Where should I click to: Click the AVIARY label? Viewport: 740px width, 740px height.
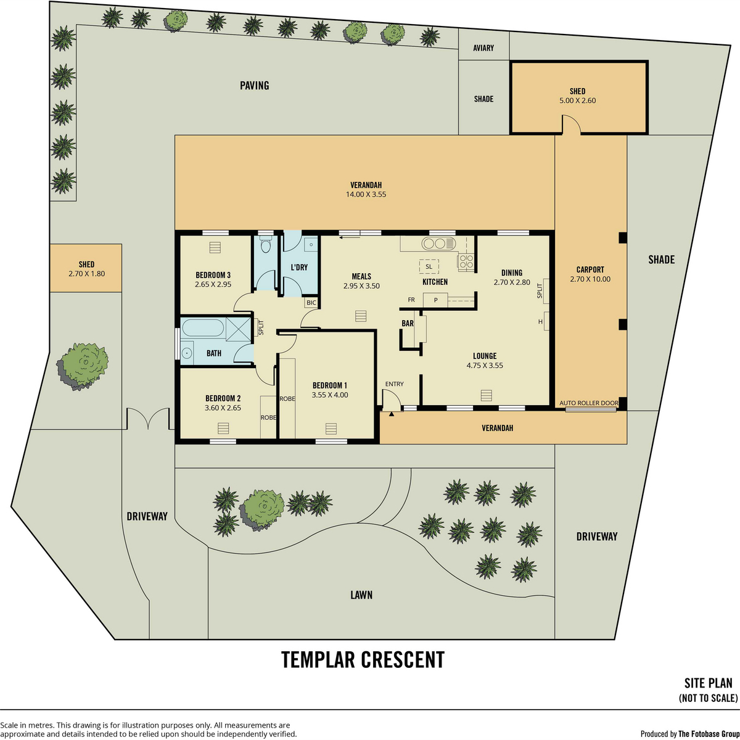483,48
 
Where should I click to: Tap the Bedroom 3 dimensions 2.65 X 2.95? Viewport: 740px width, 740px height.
213,284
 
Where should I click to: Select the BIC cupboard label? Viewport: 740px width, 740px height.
311,303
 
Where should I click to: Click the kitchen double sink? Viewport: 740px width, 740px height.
438,244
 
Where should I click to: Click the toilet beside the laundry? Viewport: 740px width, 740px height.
265,244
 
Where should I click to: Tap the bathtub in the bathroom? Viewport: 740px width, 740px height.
203,328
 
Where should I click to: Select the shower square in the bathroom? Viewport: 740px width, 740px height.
239,329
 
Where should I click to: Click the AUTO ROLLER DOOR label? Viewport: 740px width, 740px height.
589,403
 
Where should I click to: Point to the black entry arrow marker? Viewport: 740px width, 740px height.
392,414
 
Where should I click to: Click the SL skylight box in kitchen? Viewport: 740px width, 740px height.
429,266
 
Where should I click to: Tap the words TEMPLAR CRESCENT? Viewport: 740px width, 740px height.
363,659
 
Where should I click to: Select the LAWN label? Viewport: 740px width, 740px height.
361,595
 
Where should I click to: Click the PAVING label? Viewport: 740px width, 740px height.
254,85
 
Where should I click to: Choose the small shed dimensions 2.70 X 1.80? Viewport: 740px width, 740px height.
86,274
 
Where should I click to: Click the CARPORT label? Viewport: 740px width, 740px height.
590,269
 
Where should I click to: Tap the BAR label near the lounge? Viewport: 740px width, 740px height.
408,323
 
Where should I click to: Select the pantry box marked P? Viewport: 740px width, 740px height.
435,300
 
